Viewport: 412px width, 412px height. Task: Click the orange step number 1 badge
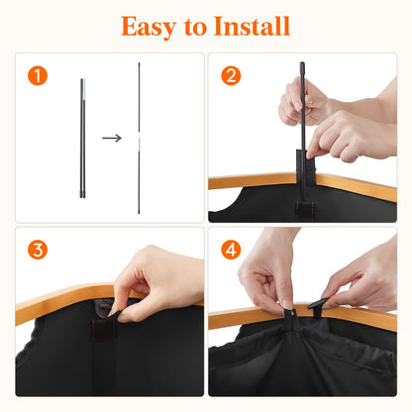click(38, 76)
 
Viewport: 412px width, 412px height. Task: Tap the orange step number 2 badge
click(231, 76)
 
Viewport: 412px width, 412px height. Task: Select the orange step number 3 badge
click(38, 251)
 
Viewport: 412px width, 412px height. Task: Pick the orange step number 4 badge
click(231, 251)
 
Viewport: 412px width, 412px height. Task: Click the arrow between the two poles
click(112, 138)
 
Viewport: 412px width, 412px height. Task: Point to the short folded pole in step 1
click(80, 139)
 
